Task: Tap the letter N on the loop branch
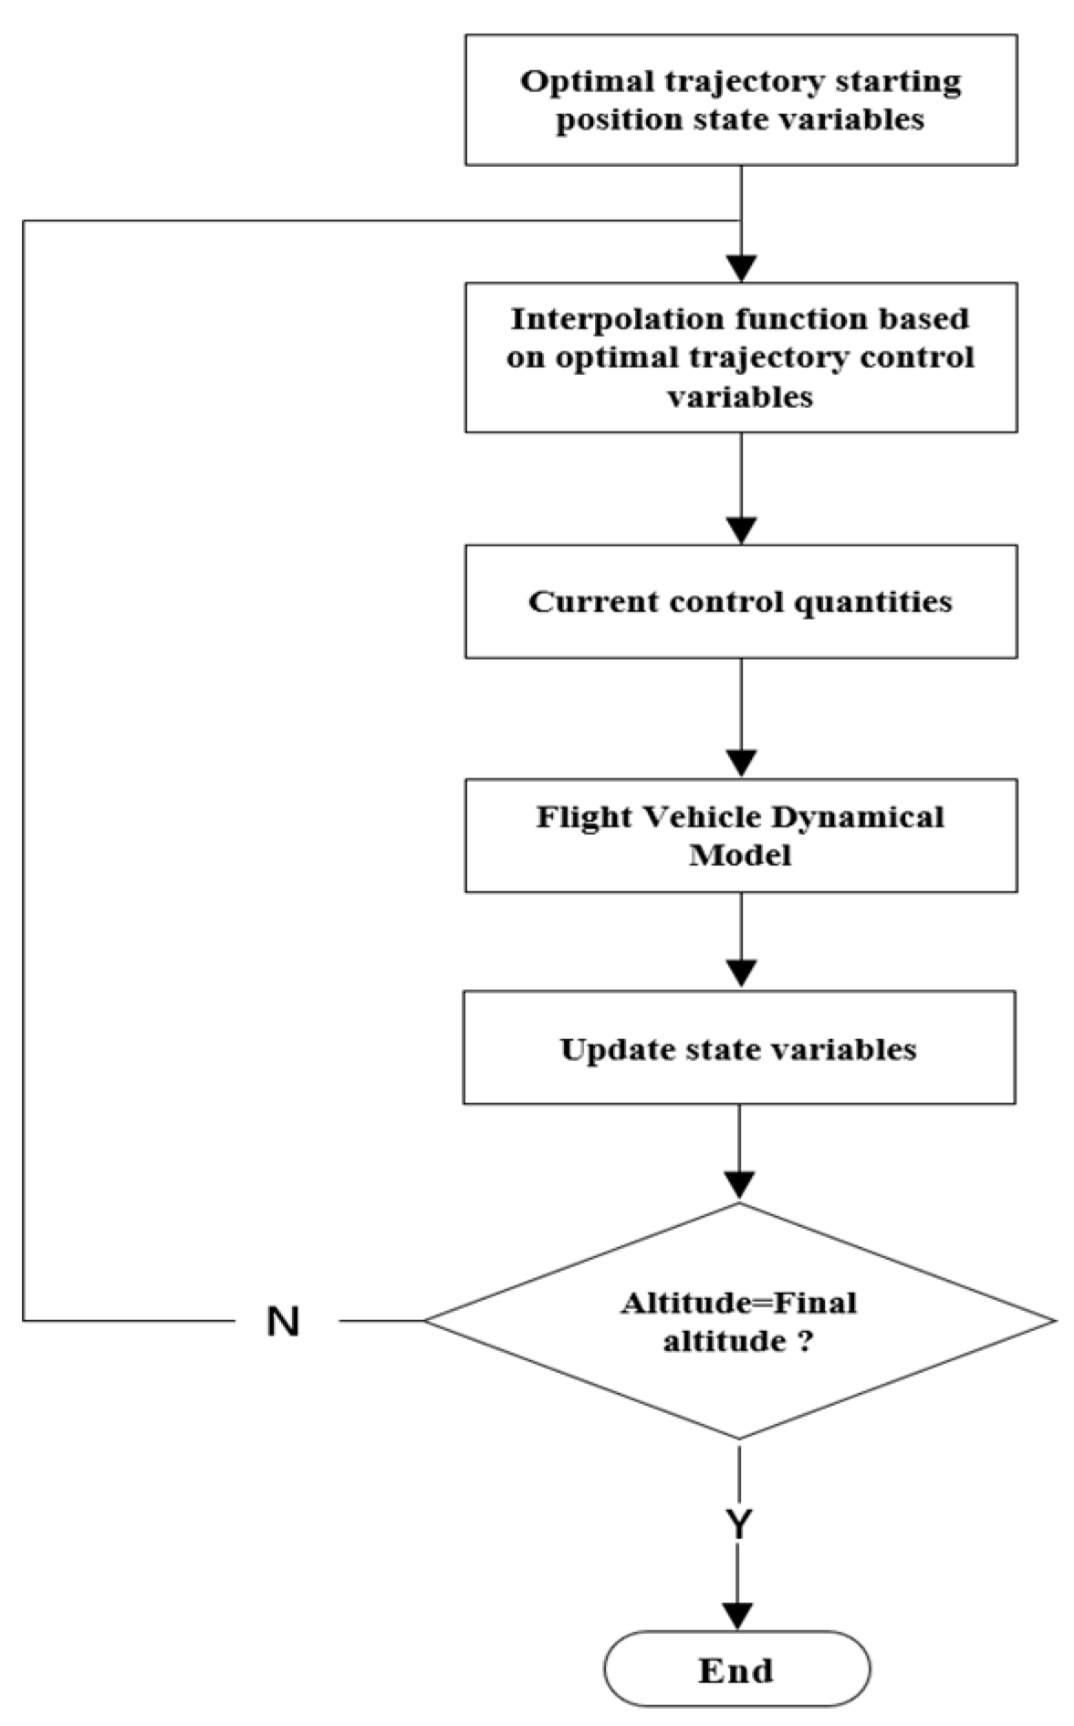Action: click(x=283, y=1320)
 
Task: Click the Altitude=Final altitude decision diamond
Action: click(x=739, y=1320)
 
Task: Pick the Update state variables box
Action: click(x=739, y=1047)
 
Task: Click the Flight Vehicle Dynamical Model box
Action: click(x=740, y=835)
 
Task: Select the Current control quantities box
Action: click(x=740, y=601)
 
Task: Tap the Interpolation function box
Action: click(x=740, y=357)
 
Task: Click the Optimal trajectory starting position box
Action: click(x=740, y=99)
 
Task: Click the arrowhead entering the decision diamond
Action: click(x=739, y=1184)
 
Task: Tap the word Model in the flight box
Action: click(x=740, y=855)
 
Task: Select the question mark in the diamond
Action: click(x=804, y=1341)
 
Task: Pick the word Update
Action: click(x=609, y=1049)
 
